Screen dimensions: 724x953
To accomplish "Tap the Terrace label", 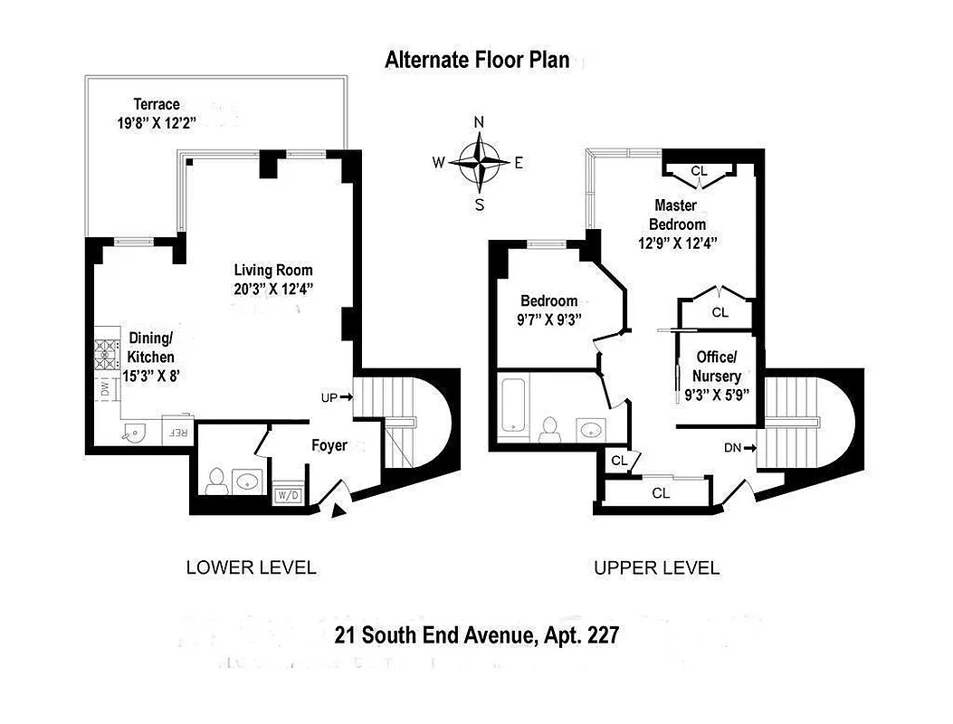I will pyautogui.click(x=157, y=104).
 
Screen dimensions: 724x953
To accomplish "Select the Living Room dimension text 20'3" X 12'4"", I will pyautogui.click(x=273, y=289).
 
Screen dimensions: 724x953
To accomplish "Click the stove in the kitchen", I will pyautogui.click(x=108, y=357).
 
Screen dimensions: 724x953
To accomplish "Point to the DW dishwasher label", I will pyautogui.click(x=105, y=391).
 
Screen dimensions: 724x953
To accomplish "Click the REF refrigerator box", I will pyautogui.click(x=177, y=432).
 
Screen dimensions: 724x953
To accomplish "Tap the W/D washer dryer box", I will pyautogui.click(x=288, y=495).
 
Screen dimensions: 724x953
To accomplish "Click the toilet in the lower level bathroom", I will pyautogui.click(x=215, y=481).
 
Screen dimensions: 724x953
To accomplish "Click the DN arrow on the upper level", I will pyautogui.click(x=739, y=447).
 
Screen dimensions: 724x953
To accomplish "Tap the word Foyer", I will pyautogui.click(x=329, y=445).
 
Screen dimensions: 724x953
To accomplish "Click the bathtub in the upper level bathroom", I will pyautogui.click(x=513, y=405).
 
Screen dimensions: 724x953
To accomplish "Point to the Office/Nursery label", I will pyautogui.click(x=716, y=367).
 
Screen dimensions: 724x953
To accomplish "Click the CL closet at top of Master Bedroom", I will pyautogui.click(x=699, y=170).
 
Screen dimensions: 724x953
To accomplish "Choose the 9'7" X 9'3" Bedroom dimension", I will pyautogui.click(x=549, y=319).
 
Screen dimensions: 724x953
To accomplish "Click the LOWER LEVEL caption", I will pyautogui.click(x=251, y=568).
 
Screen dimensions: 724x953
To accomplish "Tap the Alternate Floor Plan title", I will pyautogui.click(x=477, y=61).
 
